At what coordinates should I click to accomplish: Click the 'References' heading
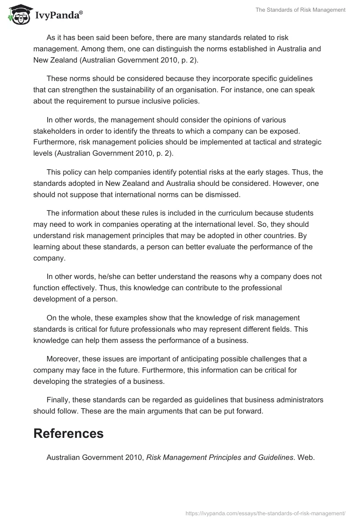(68, 433)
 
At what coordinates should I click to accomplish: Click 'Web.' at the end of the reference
(307, 458)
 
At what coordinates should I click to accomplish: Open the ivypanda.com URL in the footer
(265, 513)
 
